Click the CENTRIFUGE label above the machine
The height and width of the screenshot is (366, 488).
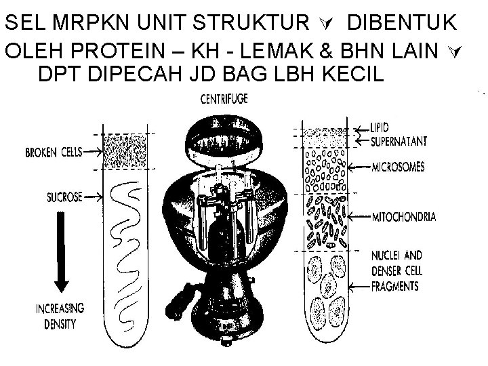tap(224, 100)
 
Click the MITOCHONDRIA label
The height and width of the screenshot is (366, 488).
tap(404, 217)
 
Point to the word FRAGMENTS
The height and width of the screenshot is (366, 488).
tap(395, 287)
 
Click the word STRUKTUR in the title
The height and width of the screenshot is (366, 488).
tap(248, 23)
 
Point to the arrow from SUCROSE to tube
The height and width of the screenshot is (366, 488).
tap(92, 197)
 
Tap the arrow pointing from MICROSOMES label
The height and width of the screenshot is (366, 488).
tap(359, 165)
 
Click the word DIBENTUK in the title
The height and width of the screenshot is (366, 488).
tap(403, 23)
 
